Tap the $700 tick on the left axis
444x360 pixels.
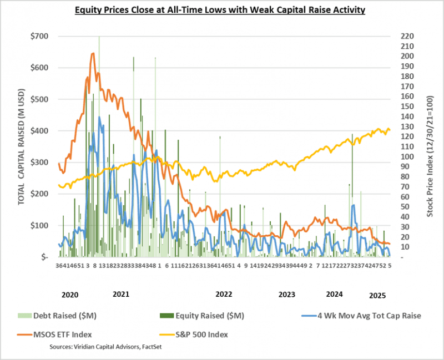[40, 36]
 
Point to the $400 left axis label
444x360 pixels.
[40, 131]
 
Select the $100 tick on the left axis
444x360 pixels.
[40, 226]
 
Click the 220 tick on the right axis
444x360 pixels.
[406, 36]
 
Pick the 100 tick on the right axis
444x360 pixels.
[406, 156]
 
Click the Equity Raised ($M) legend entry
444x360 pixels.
[206, 316]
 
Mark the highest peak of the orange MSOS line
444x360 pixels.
[92, 53]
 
